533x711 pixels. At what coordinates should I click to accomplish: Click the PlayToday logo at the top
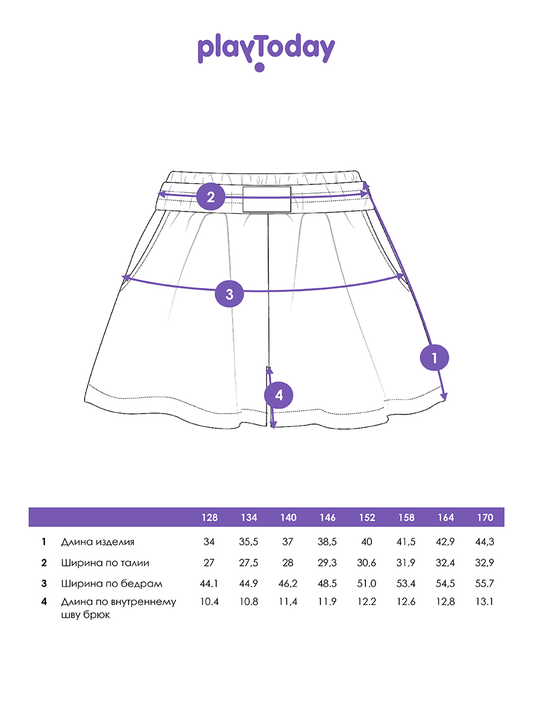click(x=266, y=52)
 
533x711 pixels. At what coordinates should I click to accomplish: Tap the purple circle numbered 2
click(x=211, y=197)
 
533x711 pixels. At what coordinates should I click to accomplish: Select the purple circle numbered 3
click(x=229, y=294)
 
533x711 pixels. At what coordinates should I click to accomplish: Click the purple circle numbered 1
click(x=434, y=358)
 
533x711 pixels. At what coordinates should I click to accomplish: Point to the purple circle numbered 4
click(x=278, y=396)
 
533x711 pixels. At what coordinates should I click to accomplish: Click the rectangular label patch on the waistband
click(x=266, y=199)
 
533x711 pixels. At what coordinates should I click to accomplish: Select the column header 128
click(x=210, y=518)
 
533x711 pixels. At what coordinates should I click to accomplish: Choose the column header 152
click(x=367, y=518)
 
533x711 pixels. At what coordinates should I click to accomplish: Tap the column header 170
click(x=485, y=518)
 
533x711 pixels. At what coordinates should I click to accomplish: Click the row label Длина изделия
click(x=97, y=542)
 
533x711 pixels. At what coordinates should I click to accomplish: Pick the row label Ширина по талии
click(x=105, y=563)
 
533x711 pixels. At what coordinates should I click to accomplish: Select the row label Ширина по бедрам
click(x=112, y=584)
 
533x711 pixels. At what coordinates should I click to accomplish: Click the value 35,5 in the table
click(x=249, y=542)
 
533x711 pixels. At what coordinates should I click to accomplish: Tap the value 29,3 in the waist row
click(x=327, y=563)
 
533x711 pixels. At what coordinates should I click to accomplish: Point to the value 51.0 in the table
click(x=367, y=584)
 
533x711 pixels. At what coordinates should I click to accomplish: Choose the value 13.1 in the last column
click(x=484, y=601)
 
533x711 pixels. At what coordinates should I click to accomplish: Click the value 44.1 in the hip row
click(x=209, y=584)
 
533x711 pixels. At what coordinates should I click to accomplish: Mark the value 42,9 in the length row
click(x=445, y=542)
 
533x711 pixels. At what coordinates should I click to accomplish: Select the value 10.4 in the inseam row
click(x=210, y=601)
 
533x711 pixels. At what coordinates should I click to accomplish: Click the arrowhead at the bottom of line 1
click(x=444, y=397)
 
